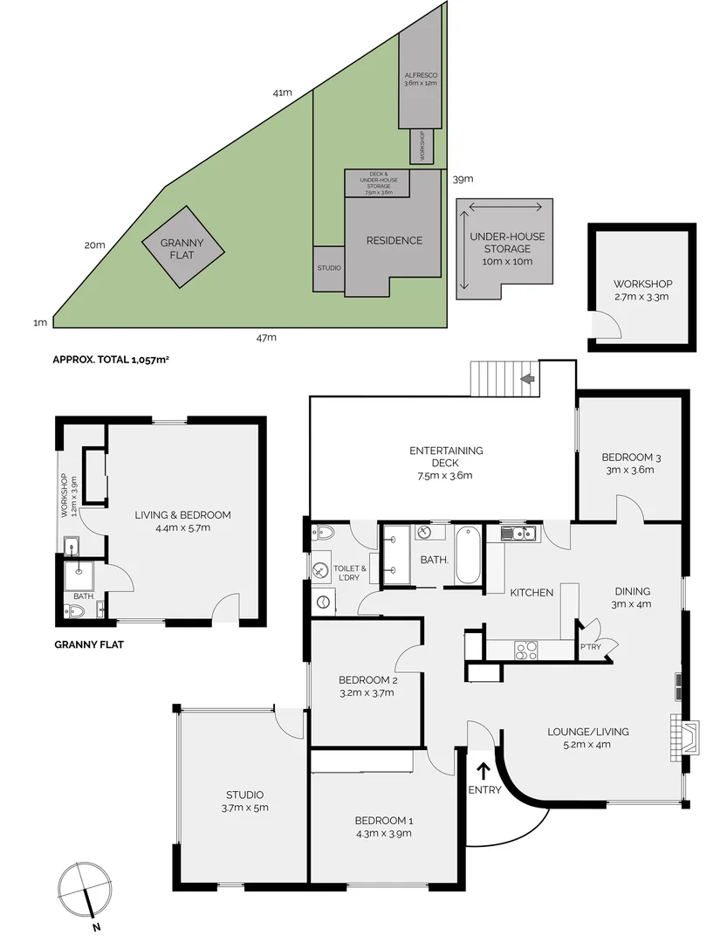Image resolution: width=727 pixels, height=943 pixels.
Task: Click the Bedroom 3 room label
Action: click(x=628, y=464)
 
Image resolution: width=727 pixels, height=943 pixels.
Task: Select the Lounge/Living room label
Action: click(x=587, y=738)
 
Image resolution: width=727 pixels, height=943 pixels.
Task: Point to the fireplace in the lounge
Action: click(x=685, y=735)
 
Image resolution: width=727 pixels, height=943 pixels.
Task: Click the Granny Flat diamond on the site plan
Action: click(x=182, y=248)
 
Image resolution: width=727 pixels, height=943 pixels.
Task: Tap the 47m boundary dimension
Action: click(x=265, y=337)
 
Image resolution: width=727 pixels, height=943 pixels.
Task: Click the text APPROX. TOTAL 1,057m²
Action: click(x=111, y=359)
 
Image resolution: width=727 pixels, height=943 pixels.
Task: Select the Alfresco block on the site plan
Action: click(x=420, y=79)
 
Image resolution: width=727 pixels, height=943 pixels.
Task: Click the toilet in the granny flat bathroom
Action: click(x=75, y=612)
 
